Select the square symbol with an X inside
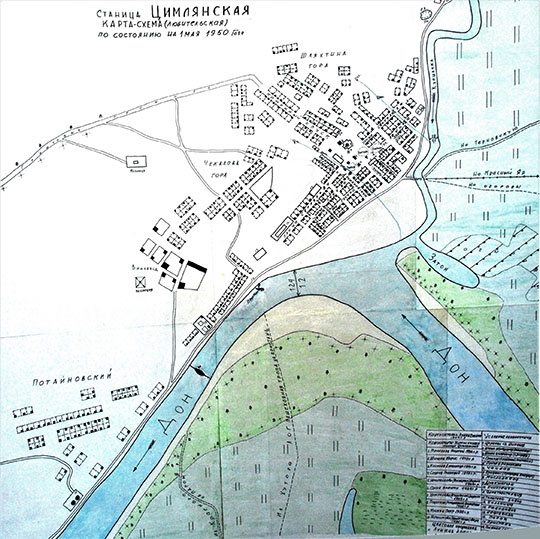pyautogui.click(x=139, y=284)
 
